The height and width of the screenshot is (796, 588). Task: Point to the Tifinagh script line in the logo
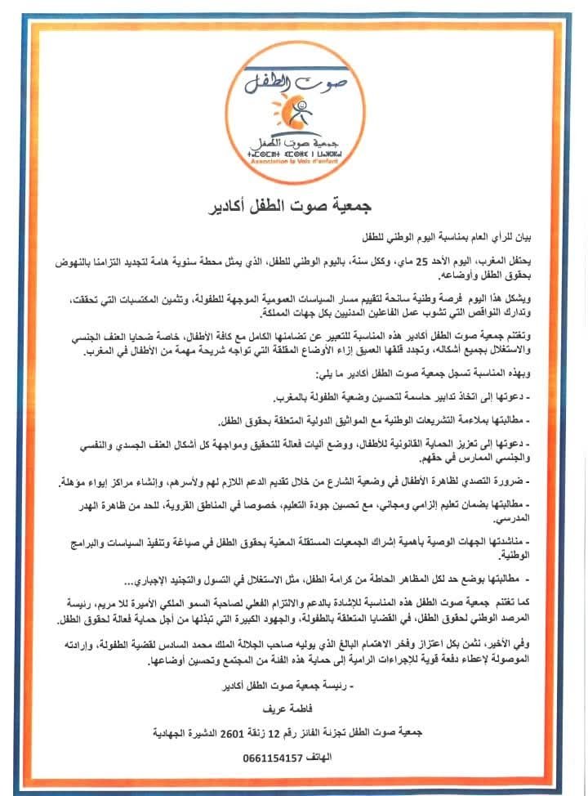coord(293,153)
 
